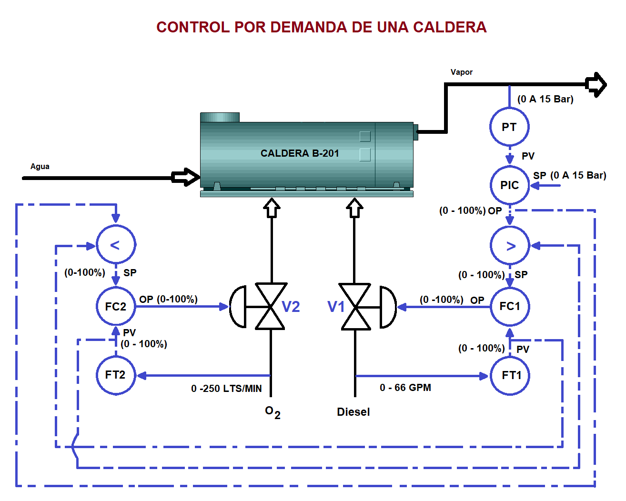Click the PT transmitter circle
click(509, 127)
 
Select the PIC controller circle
click(509, 185)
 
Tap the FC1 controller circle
click(510, 306)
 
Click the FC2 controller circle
click(116, 306)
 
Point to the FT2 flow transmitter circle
click(116, 375)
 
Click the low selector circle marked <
click(116, 245)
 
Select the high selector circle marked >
click(510, 246)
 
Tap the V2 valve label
click(291, 307)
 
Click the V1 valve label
click(336, 307)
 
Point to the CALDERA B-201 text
click(300, 153)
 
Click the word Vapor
click(461, 72)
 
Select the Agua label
click(40, 166)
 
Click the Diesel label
click(353, 412)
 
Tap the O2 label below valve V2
click(273, 412)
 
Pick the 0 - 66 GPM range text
click(405, 388)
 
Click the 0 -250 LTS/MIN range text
click(226, 389)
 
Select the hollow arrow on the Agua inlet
click(186, 177)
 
